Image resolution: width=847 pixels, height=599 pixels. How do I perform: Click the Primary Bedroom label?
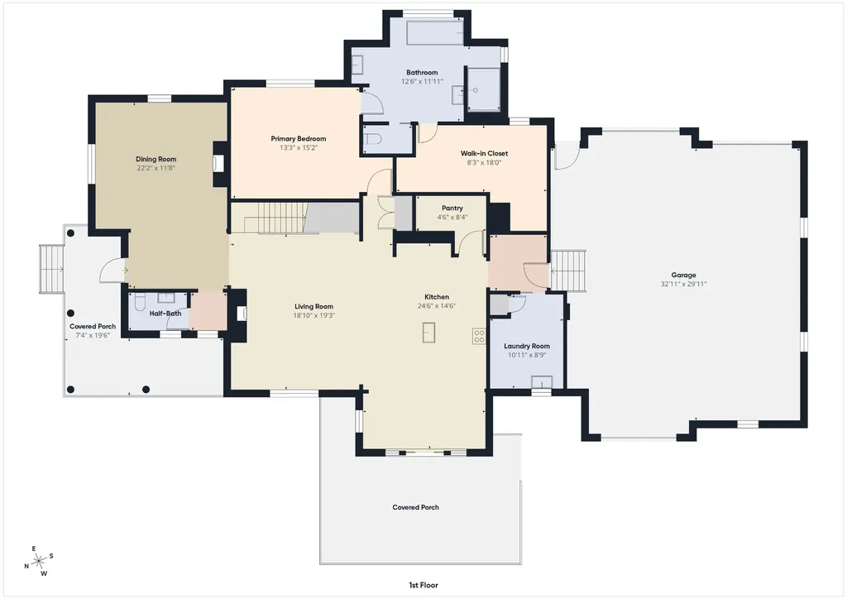pos(298,139)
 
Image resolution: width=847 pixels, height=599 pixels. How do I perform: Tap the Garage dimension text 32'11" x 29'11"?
pos(683,284)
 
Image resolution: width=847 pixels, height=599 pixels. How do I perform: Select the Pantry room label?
pos(452,208)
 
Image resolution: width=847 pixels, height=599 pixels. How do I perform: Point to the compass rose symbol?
pos(39,563)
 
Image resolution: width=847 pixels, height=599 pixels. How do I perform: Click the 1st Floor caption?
pos(423,585)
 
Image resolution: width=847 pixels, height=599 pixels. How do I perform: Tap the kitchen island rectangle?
pos(429,332)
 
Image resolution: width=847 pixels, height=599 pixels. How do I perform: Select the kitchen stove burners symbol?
pos(479,336)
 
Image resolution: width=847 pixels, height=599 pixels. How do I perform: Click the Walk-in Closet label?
pos(484,153)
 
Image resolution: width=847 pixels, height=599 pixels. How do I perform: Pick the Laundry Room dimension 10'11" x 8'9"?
pos(527,356)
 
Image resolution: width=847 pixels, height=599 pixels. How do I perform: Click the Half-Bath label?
pos(165,314)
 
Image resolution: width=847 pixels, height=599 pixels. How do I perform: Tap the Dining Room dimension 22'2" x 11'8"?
pos(156,168)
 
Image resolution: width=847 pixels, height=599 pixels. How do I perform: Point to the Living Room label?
pos(313,306)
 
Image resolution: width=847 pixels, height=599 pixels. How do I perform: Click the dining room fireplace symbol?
pos(218,163)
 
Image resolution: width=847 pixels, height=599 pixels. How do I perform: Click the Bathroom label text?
pos(422,72)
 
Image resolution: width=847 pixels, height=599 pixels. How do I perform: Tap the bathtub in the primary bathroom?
pos(435,33)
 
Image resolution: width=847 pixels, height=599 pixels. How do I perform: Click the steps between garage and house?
pos(568,271)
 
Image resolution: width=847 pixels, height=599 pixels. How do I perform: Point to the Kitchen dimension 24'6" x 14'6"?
pos(437,306)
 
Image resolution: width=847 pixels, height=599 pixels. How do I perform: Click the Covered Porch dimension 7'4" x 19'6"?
pos(93,335)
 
